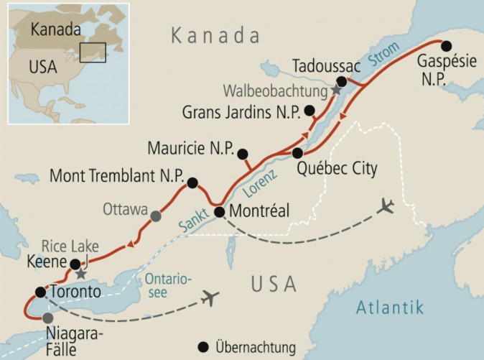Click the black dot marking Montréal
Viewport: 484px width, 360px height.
[220, 211]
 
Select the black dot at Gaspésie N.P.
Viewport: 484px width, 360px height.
[446, 45]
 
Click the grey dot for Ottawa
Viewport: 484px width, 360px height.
[155, 215]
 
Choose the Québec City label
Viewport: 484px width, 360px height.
[335, 170]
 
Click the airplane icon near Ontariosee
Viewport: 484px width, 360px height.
[210, 297]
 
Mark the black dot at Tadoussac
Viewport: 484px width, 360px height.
[343, 82]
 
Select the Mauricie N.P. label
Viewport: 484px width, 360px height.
[190, 149]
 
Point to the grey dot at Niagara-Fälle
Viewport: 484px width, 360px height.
[48, 318]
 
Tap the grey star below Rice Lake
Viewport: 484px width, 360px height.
[81, 274]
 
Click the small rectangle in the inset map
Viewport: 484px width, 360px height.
[93, 52]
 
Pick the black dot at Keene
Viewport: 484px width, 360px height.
[75, 263]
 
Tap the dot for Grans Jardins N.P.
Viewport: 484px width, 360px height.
[310, 110]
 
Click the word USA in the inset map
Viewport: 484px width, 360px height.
[42, 68]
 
